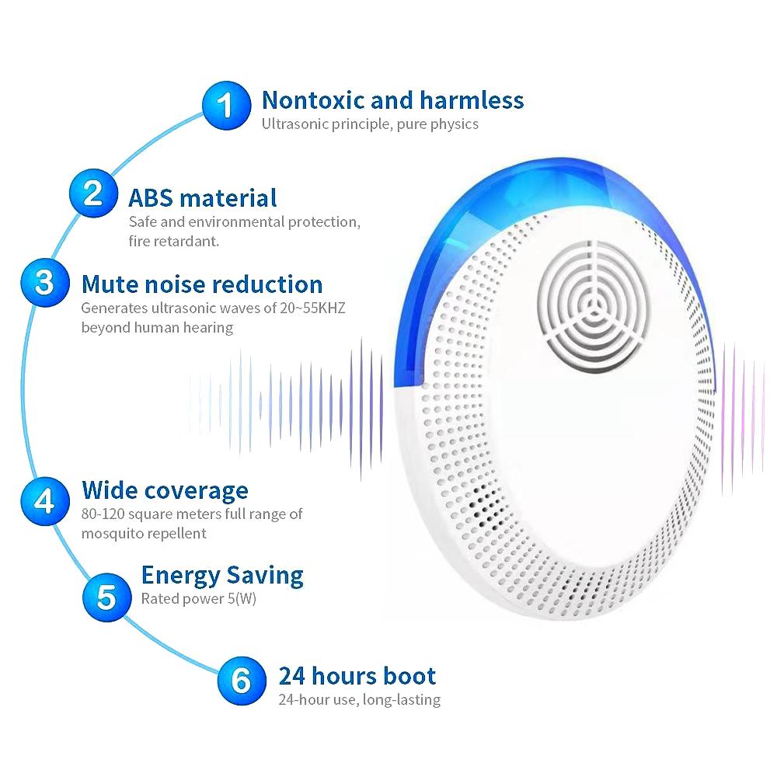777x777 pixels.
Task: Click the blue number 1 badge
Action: (x=226, y=106)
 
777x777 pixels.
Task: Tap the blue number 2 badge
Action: (x=93, y=193)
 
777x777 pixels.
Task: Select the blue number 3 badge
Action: (x=45, y=283)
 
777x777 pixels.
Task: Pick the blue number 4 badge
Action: (x=45, y=501)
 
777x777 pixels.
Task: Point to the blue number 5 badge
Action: (x=107, y=597)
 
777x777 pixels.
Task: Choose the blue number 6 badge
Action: (x=242, y=681)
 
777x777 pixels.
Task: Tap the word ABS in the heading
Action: (x=151, y=198)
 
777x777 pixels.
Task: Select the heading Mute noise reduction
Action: (x=202, y=284)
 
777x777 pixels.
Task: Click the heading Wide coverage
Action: (x=165, y=490)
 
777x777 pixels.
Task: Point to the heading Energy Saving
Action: (x=222, y=576)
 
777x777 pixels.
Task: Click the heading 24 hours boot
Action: (x=357, y=676)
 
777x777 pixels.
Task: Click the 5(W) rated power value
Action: (x=242, y=598)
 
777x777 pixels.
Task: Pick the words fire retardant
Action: (x=174, y=242)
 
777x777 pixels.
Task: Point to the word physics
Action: (x=454, y=124)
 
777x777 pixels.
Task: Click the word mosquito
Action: (x=115, y=535)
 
